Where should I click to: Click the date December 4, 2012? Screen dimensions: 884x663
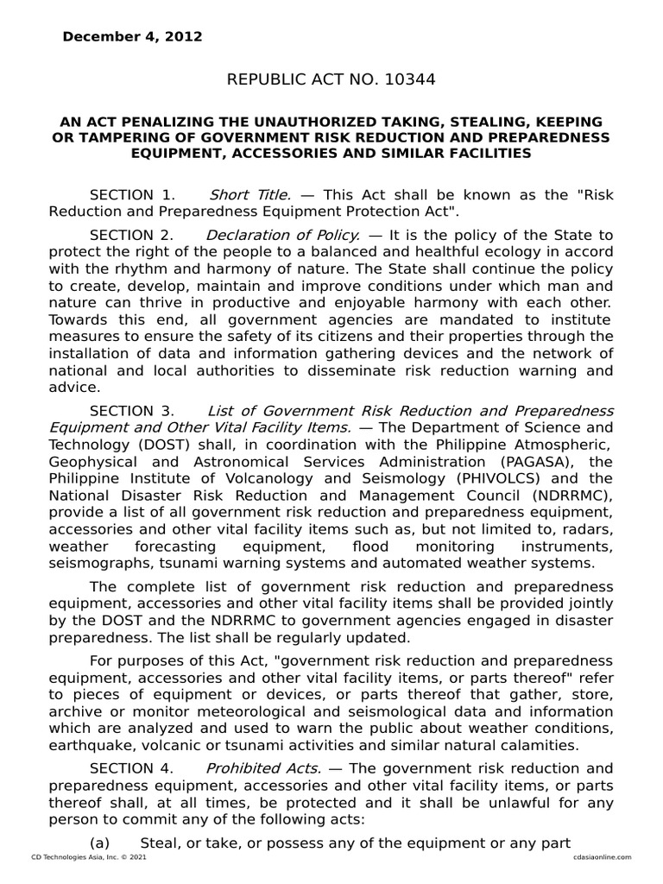[132, 37]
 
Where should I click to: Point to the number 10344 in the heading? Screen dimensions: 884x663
[407, 80]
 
